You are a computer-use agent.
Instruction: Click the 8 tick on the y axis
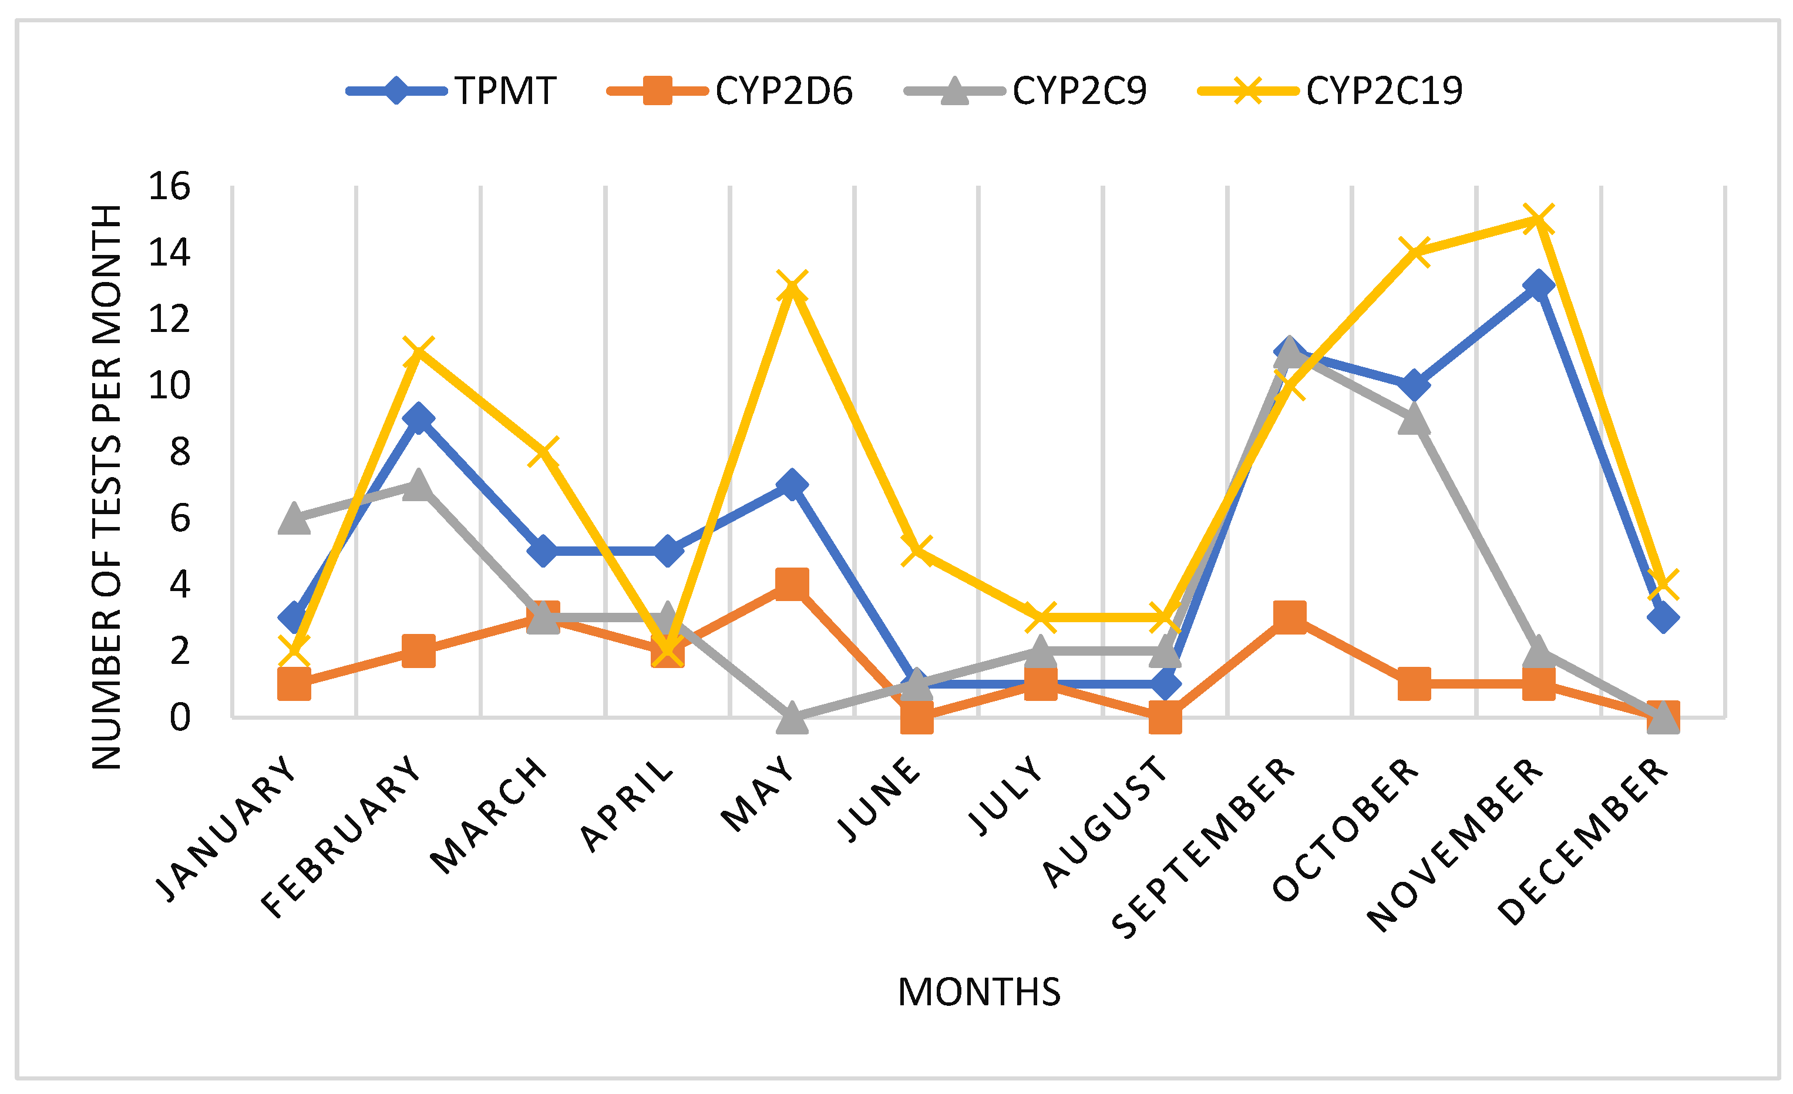179,452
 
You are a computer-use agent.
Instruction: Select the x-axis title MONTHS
979,992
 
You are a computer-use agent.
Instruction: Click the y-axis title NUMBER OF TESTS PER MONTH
106,487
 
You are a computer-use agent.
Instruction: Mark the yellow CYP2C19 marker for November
1538,220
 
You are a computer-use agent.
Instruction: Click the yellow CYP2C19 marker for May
792,286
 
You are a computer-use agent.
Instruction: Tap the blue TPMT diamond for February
418,418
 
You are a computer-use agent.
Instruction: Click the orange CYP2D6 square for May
792,585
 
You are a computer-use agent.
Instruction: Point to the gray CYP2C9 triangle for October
1414,420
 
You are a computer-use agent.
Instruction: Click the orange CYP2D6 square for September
1290,618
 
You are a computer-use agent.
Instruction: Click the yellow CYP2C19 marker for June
917,551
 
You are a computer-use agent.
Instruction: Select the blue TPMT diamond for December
1663,618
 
